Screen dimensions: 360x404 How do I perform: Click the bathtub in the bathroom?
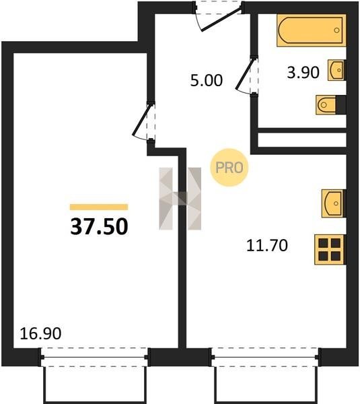[312, 30]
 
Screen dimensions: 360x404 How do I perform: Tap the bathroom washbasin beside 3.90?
[336, 70]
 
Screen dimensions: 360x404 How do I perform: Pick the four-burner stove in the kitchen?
[330, 249]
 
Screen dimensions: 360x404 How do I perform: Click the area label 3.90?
[303, 73]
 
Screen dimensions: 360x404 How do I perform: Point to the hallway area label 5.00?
[207, 80]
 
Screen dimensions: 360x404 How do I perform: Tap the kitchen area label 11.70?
[266, 245]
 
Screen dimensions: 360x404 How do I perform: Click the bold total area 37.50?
[99, 226]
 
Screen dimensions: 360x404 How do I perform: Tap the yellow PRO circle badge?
[229, 168]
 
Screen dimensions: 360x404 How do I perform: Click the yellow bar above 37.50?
[99, 207]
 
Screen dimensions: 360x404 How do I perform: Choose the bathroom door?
[245, 75]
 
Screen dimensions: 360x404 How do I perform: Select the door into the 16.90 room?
[143, 122]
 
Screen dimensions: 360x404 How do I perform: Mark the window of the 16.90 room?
[94, 357]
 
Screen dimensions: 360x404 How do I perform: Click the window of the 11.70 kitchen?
[265, 357]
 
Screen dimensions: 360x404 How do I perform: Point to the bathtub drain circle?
[336, 30]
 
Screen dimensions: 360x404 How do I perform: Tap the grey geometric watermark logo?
[180, 199]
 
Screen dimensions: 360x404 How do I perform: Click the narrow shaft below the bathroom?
[302, 140]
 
